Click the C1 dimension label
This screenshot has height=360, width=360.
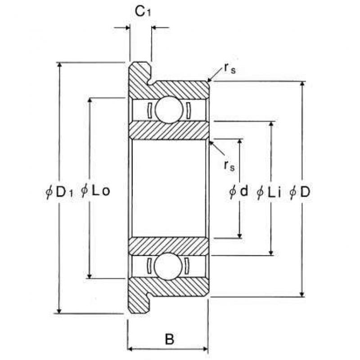click(x=143, y=11)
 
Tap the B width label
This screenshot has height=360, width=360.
click(x=170, y=338)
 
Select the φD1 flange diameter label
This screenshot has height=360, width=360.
click(x=59, y=192)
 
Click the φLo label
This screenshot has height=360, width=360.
click(x=95, y=190)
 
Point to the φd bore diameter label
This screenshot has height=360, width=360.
click(x=238, y=191)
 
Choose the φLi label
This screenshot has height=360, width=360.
click(x=269, y=192)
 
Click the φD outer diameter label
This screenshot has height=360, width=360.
click(x=300, y=192)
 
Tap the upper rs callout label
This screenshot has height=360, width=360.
click(x=229, y=68)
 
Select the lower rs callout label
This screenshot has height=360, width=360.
click(x=229, y=166)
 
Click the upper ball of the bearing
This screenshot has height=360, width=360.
click(x=169, y=110)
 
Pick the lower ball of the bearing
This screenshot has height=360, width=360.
click(x=168, y=266)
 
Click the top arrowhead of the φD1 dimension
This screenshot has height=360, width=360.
click(x=59, y=65)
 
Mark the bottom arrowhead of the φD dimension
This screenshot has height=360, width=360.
click(x=302, y=294)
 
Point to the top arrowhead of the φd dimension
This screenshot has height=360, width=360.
click(x=239, y=142)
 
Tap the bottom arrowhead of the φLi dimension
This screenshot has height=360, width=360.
click(x=271, y=252)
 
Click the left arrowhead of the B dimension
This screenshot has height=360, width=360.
click(x=130, y=349)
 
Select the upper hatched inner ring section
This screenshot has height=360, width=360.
click(x=169, y=130)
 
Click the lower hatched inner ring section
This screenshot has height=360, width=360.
click(x=169, y=246)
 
